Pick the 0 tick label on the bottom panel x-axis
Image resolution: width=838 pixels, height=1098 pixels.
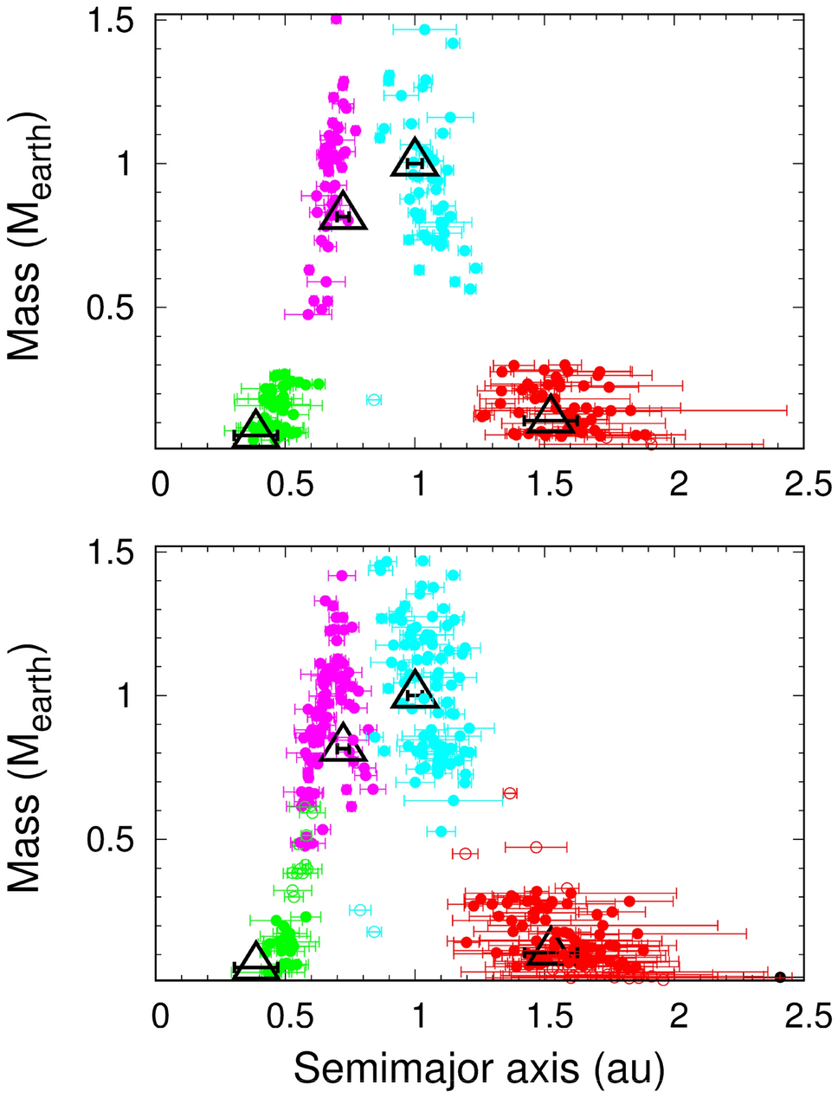click(x=159, y=1016)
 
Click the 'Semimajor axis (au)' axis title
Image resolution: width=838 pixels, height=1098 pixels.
click(x=479, y=1069)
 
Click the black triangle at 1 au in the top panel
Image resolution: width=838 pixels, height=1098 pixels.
click(x=416, y=158)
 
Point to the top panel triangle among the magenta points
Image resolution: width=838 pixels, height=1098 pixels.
click(x=344, y=212)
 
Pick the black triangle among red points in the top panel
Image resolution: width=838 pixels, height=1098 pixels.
click(x=550, y=415)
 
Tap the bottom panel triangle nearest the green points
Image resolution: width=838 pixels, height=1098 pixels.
click(x=255, y=961)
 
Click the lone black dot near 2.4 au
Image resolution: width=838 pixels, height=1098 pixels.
click(x=779, y=977)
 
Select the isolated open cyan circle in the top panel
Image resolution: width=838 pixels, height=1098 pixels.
click(x=374, y=399)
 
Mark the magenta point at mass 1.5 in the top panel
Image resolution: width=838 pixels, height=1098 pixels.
click(x=336, y=19)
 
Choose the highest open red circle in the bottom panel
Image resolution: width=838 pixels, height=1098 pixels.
click(x=510, y=793)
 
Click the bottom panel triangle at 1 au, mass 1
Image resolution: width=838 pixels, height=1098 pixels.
click(x=415, y=690)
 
